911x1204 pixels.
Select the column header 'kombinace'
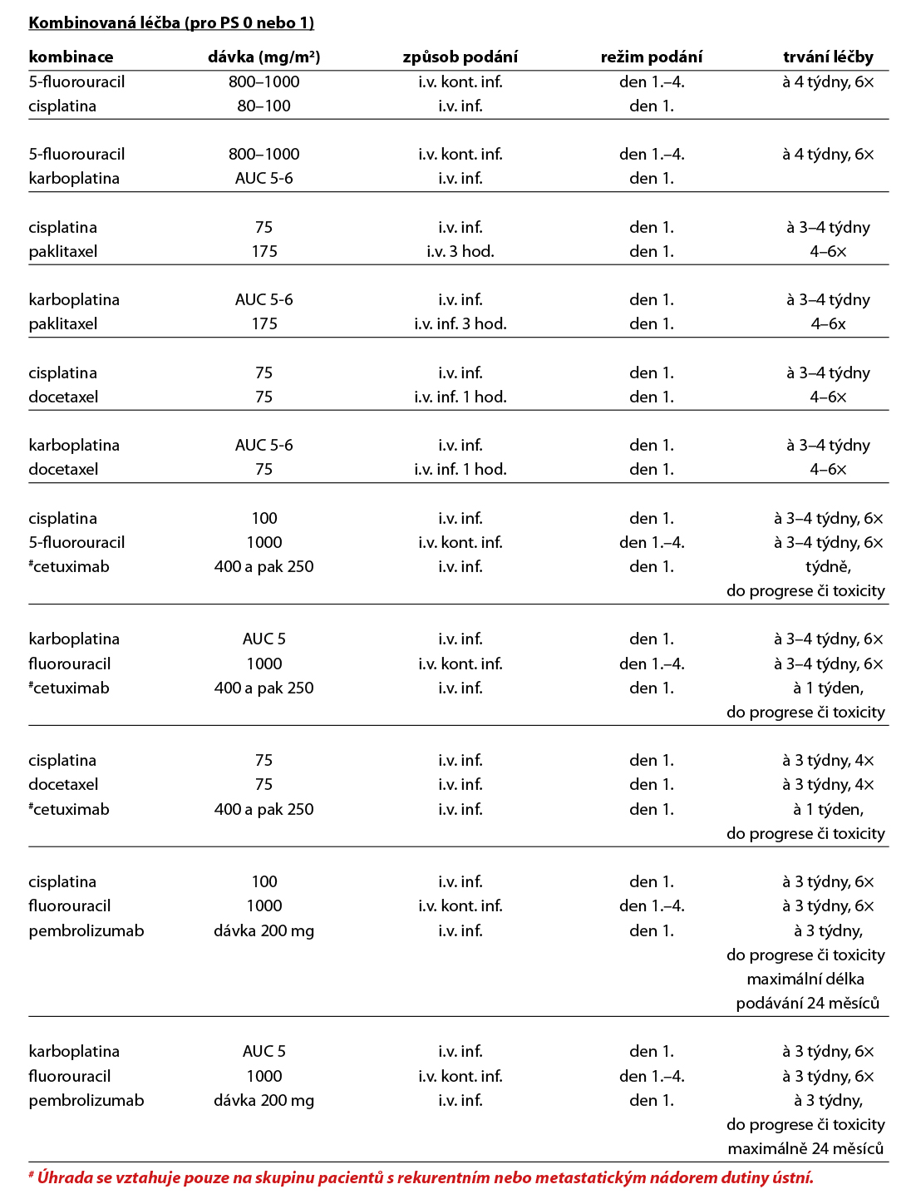tap(71, 57)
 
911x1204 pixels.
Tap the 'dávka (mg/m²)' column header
tap(263, 57)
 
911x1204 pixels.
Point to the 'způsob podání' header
tap(460, 57)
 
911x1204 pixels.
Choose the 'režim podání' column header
tap(651, 57)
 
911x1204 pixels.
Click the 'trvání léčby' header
tap(828, 57)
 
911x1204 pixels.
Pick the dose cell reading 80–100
tap(263, 106)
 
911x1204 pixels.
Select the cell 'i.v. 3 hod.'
tap(460, 251)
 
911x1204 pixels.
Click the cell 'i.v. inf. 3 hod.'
tap(460, 323)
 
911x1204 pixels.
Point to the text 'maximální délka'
tap(805, 979)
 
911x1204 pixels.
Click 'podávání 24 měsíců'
tap(807, 1003)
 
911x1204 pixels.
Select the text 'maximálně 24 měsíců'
tap(805, 1148)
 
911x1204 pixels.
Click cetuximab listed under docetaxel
tap(71, 809)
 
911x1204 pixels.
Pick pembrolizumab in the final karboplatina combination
tap(86, 1100)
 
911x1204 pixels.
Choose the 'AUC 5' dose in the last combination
tap(263, 1051)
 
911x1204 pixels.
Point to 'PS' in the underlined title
tap(229, 22)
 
